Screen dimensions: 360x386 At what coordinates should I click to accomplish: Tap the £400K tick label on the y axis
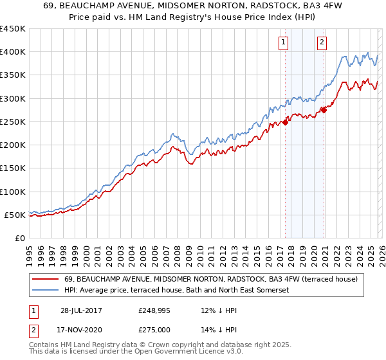[13, 52]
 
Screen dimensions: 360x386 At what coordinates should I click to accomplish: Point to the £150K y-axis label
[13, 168]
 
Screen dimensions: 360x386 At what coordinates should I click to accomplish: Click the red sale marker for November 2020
[324, 110]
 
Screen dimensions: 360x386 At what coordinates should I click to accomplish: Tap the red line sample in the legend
[46, 279]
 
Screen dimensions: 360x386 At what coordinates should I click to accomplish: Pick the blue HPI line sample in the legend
[46, 291]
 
